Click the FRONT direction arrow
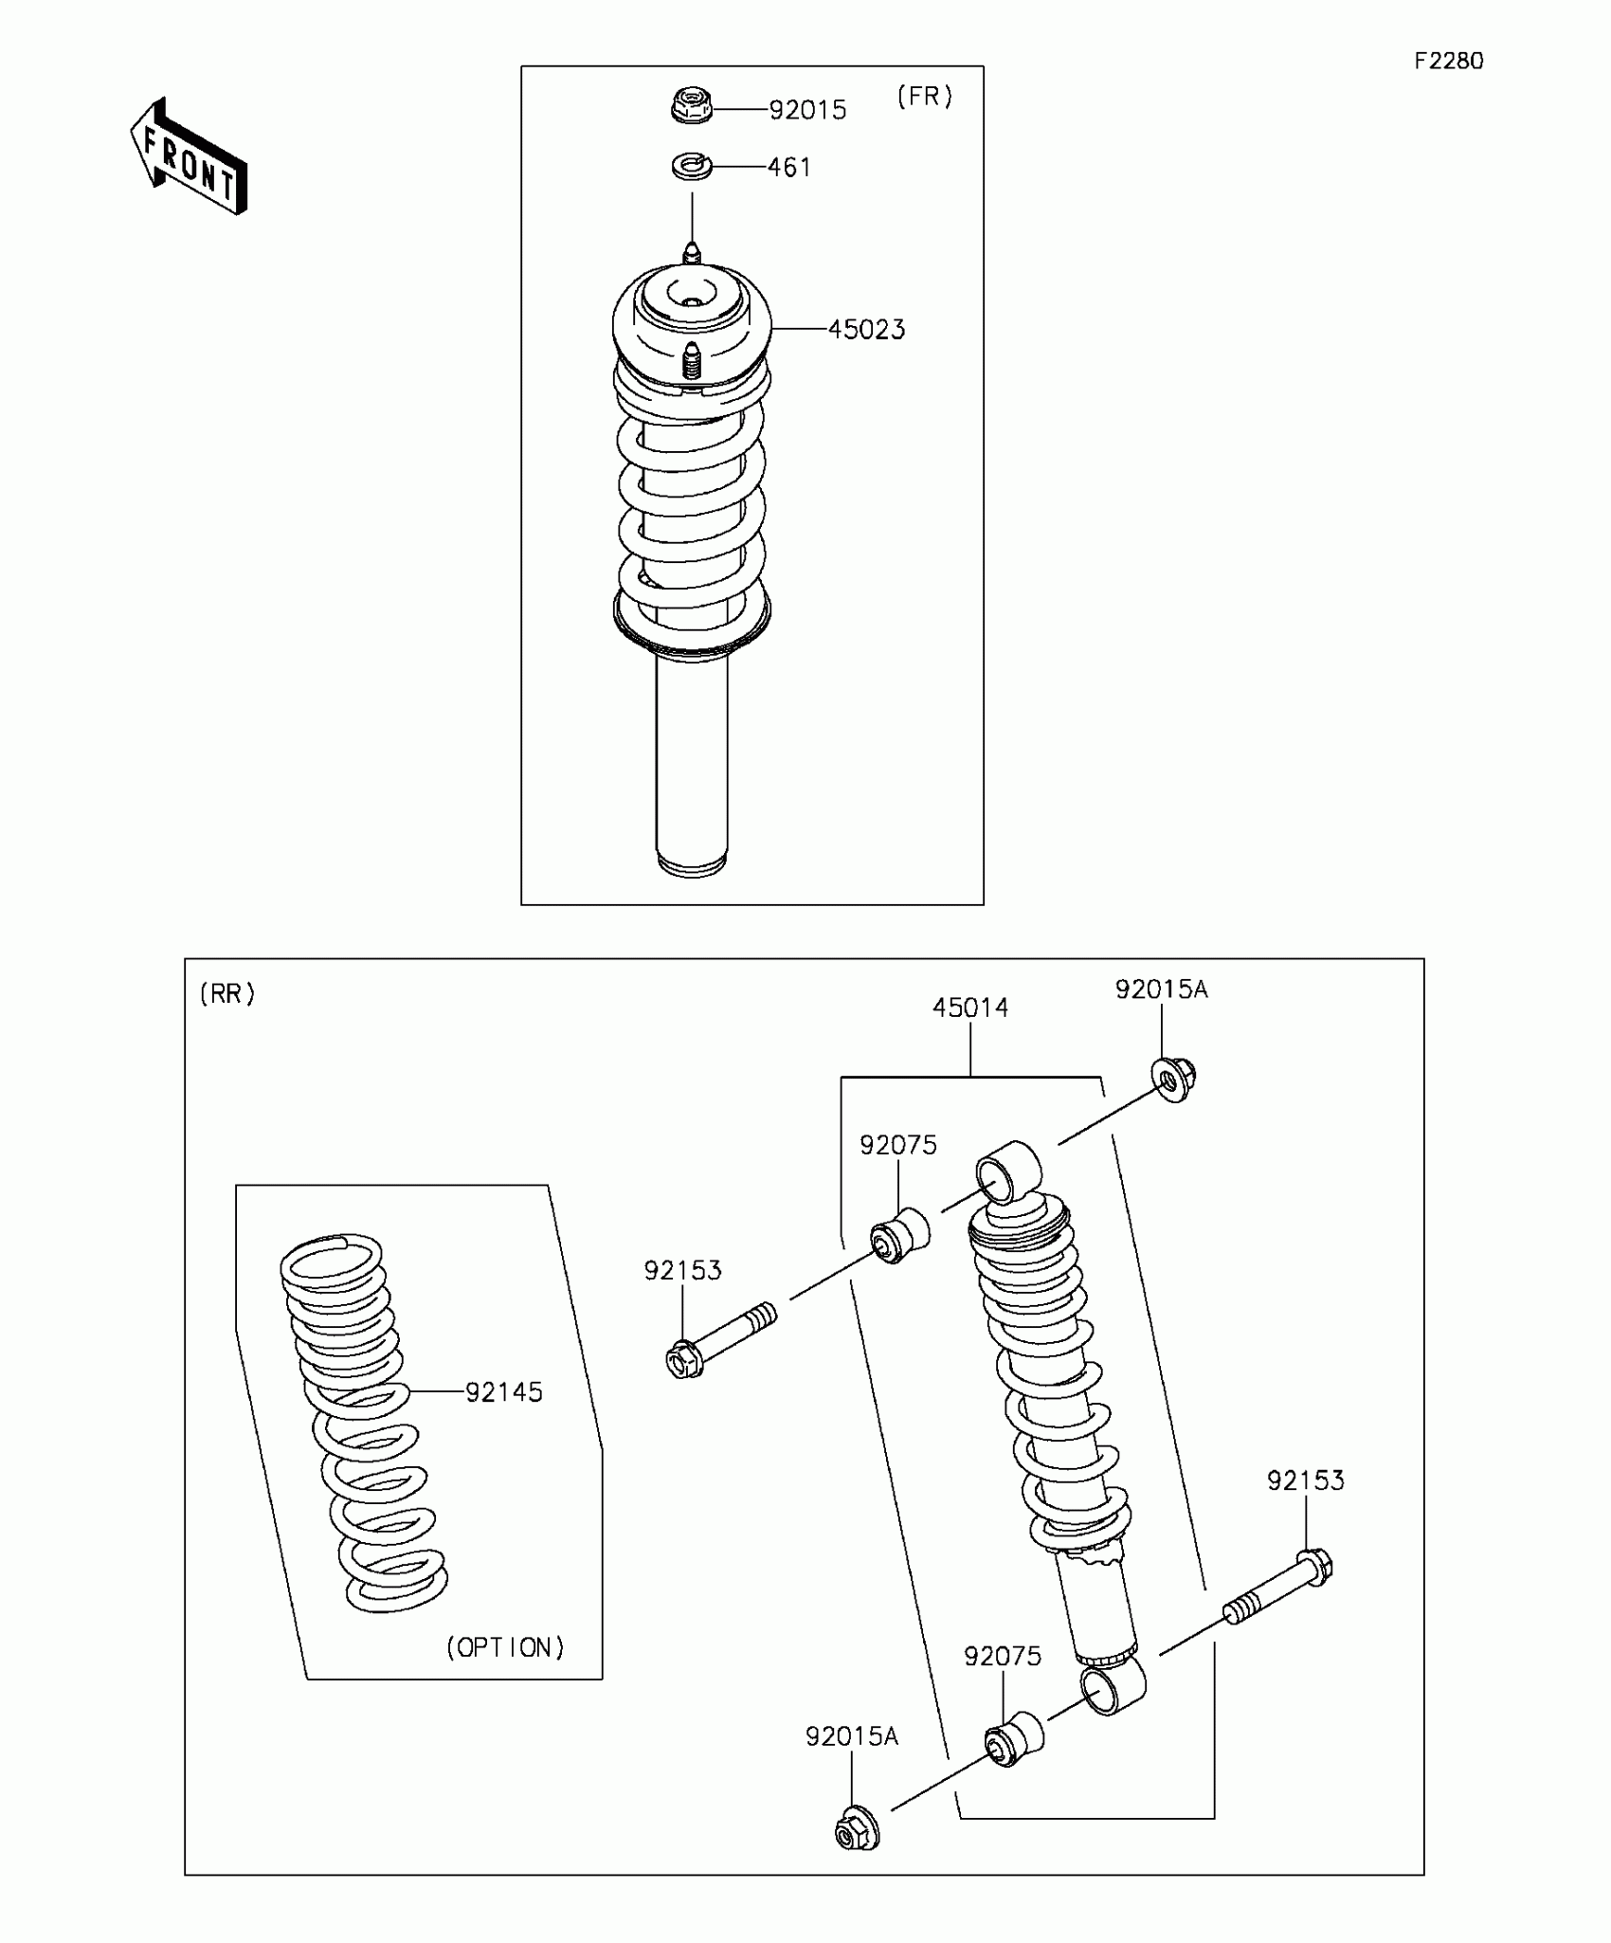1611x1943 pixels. coord(189,157)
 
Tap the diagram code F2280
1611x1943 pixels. coord(1448,62)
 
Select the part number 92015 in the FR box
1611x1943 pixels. coord(807,110)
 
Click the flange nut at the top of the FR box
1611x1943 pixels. coord(691,105)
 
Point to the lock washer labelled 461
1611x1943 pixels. coord(691,167)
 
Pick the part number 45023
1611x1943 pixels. coord(866,330)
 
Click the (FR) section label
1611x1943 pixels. coord(924,97)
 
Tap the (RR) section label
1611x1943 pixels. coord(227,993)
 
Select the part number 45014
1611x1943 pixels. coord(970,1008)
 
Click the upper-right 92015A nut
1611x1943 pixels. coord(1173,1078)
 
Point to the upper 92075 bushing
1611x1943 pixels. coord(899,1235)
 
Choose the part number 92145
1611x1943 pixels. coord(503,1392)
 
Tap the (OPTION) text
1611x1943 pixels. coord(505,1647)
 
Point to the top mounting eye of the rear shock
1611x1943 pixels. coord(1008,1172)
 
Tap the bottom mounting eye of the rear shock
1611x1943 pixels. coord(1113,1689)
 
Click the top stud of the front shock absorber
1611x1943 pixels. coord(692,254)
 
